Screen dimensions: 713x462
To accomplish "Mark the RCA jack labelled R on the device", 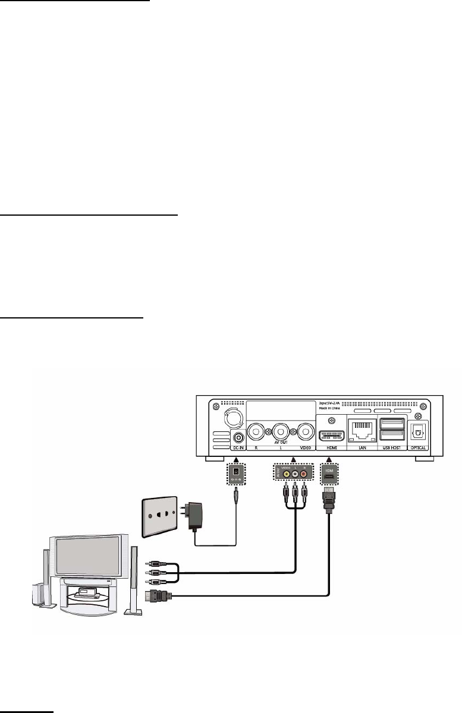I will click(x=257, y=431).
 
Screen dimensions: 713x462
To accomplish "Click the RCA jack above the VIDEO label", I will click(x=306, y=431).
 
